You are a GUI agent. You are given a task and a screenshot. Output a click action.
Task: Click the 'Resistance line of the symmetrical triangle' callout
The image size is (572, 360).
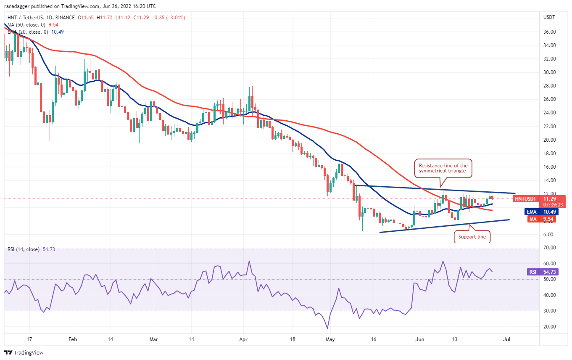click(443, 169)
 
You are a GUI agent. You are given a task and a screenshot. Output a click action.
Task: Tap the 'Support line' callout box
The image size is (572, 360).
click(472, 237)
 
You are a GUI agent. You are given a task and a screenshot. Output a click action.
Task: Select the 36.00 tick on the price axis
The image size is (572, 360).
click(550, 32)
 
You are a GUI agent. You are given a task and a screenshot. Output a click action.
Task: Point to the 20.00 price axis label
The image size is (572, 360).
click(550, 140)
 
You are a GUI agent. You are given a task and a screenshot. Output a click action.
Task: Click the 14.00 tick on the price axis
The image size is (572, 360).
click(550, 180)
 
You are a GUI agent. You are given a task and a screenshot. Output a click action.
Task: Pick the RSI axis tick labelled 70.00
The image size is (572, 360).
click(550, 248)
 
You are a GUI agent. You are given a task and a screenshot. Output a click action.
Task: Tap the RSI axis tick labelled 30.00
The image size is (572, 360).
click(550, 311)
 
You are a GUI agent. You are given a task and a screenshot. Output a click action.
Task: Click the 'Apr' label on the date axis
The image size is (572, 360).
click(243, 339)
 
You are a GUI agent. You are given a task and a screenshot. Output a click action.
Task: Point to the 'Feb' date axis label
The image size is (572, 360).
click(72, 339)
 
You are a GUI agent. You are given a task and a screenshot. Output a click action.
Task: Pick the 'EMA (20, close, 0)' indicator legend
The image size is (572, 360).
click(27, 32)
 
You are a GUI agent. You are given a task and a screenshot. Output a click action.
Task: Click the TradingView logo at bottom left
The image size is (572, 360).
click(24, 352)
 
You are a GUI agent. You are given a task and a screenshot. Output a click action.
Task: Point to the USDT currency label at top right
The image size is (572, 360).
click(549, 18)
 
